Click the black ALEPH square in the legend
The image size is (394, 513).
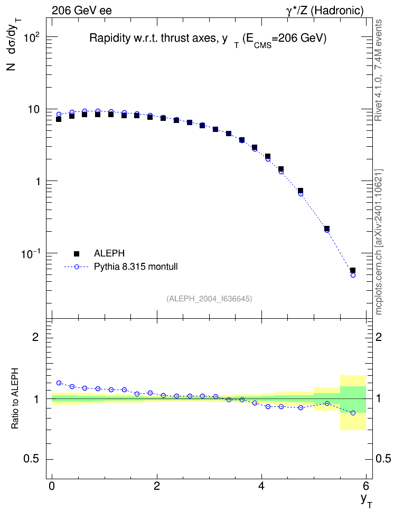click(77, 253)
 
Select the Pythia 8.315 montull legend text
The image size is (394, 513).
click(136, 267)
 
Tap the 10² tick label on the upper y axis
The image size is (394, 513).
click(31, 37)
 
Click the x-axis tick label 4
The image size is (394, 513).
click(261, 485)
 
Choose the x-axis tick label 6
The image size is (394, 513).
click(366, 485)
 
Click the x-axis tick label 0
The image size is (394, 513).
click(52, 485)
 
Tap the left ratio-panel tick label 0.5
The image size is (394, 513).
click(32, 459)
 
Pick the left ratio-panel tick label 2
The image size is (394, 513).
click(35, 337)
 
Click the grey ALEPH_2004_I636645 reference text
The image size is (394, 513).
click(209, 299)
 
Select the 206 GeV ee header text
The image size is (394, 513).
click(81, 11)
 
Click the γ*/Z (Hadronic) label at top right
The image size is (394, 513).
click(325, 11)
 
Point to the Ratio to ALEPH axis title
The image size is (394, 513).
click(15, 399)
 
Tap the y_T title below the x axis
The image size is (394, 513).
click(367, 500)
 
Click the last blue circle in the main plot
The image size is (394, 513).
click(353, 275)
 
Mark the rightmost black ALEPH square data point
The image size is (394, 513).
click(353, 270)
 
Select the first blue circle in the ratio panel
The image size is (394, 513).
click(59, 383)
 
